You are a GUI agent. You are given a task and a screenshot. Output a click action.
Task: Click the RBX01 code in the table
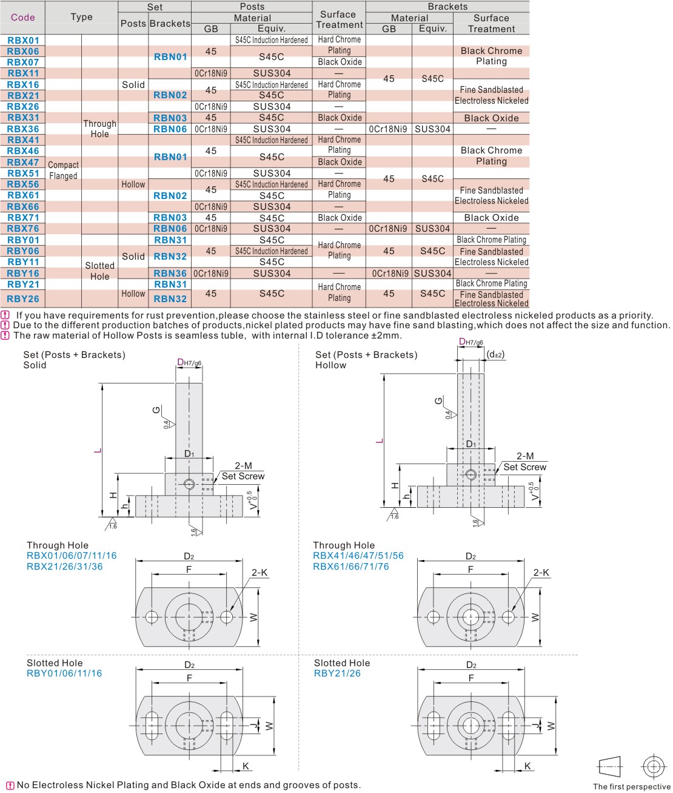[x=23, y=40]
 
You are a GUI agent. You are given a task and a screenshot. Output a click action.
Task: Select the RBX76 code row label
[x=23, y=229]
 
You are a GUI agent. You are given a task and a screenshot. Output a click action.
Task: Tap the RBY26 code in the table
[x=23, y=299]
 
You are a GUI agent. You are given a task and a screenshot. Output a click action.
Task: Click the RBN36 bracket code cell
[x=170, y=273]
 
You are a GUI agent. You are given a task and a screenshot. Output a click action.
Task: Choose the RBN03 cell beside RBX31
[x=170, y=118]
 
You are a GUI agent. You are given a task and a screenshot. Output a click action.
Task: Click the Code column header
[x=23, y=17]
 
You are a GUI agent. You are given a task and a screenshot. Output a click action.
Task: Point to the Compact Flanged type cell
[x=63, y=170]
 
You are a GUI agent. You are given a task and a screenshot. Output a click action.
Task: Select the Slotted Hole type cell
[x=99, y=271]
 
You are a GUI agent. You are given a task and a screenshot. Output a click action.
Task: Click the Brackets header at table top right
[x=447, y=6]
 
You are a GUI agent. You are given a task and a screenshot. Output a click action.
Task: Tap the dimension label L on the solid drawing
[x=98, y=450]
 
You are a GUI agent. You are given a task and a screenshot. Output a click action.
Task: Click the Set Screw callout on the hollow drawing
[x=524, y=467]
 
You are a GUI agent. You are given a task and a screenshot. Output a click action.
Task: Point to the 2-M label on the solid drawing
[x=243, y=465]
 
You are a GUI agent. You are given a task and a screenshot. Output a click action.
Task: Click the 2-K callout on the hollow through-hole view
[x=541, y=572]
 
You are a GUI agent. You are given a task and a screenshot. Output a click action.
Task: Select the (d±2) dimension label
[x=495, y=354]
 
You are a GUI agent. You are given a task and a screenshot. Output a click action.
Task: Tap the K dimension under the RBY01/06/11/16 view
[x=246, y=766]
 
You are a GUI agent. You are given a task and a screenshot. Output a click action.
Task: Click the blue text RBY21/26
[x=337, y=673]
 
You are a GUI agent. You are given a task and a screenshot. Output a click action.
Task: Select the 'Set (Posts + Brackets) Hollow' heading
[x=366, y=360]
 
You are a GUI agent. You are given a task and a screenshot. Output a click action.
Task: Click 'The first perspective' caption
[x=631, y=786]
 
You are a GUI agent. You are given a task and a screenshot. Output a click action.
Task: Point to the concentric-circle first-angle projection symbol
[x=653, y=767]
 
